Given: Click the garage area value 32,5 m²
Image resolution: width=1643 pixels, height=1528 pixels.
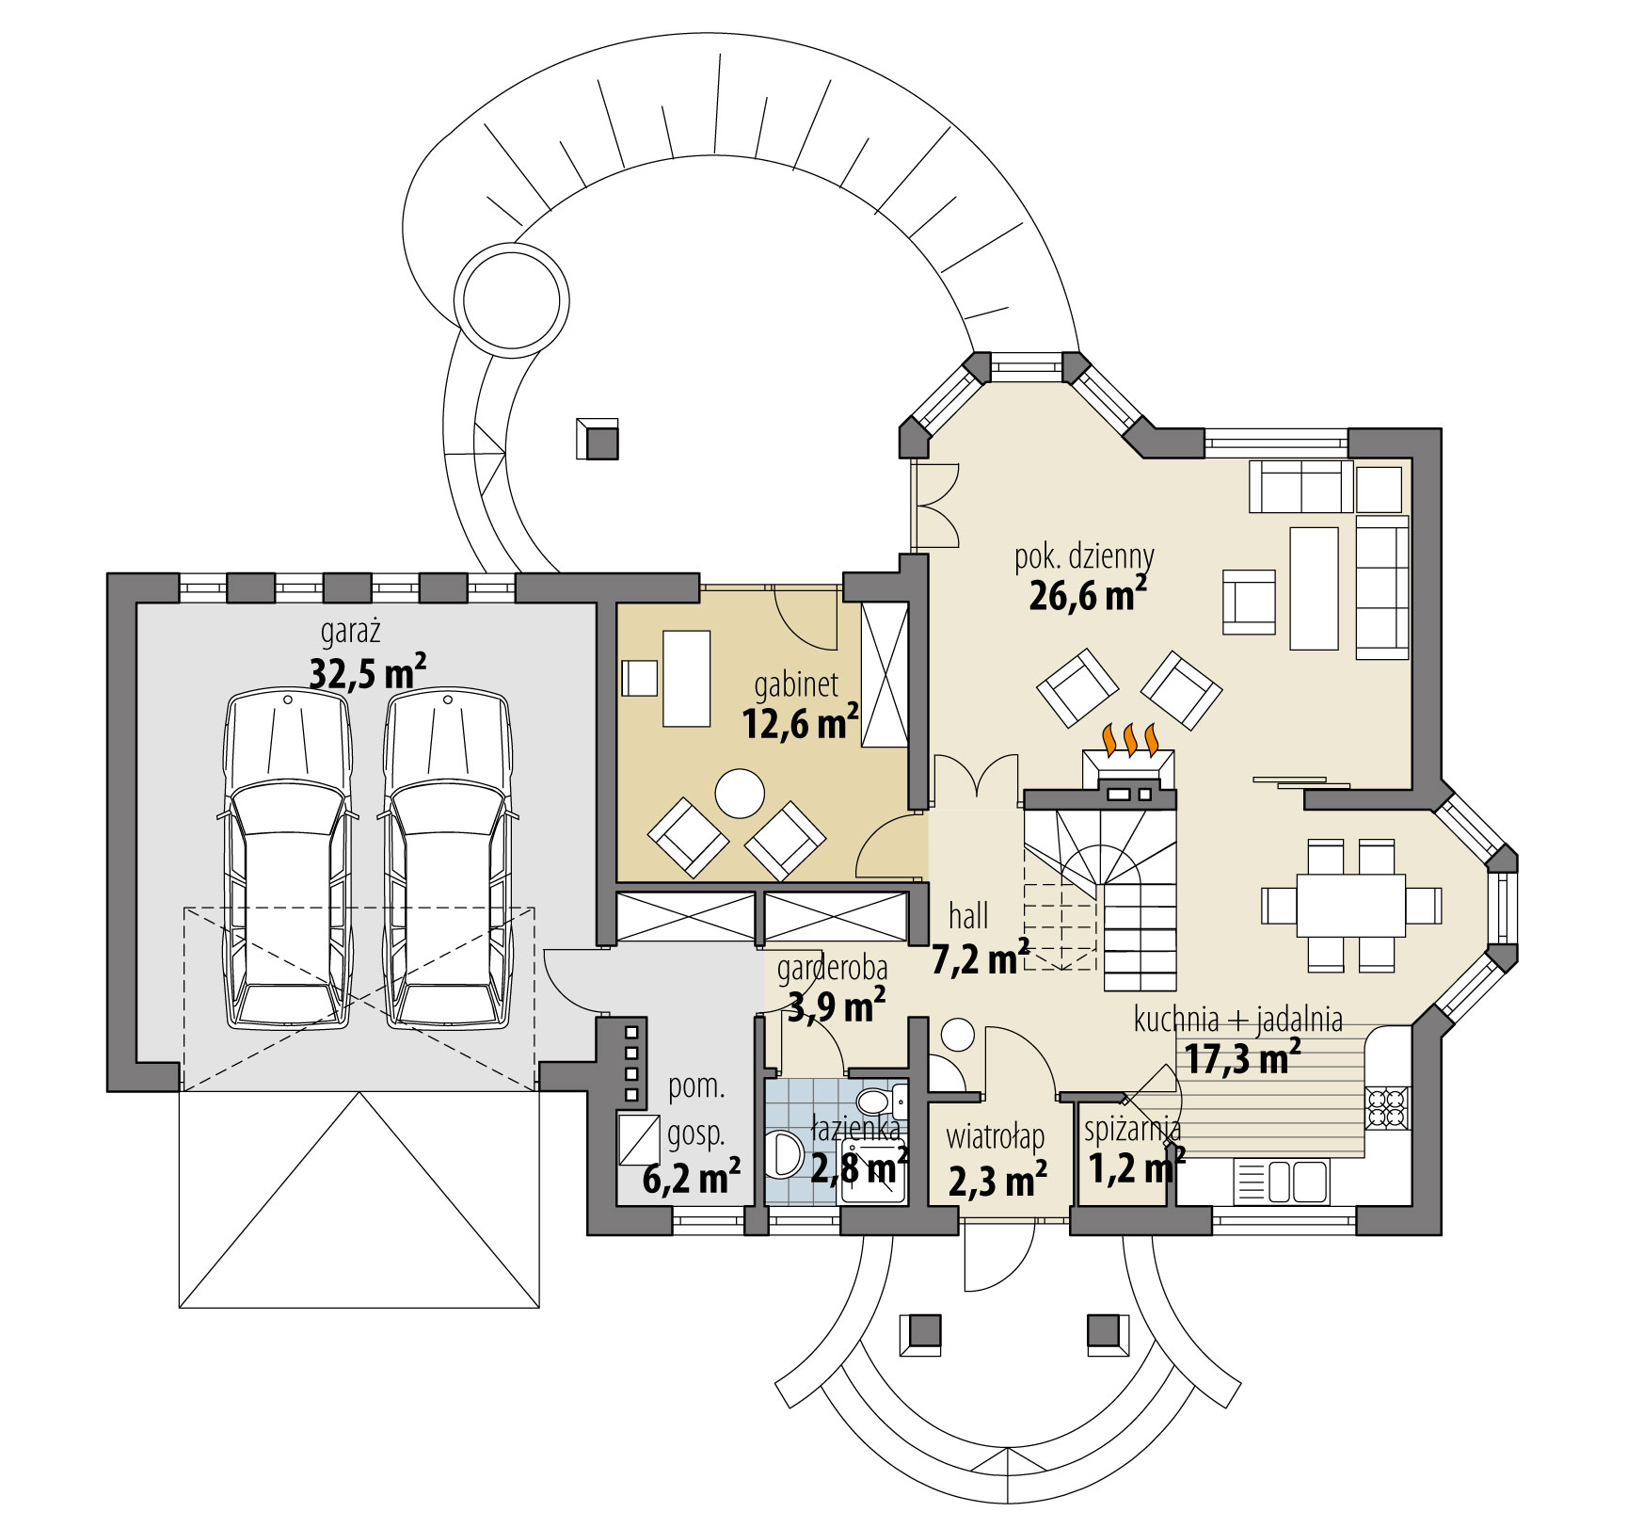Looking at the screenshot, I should pyautogui.click(x=367, y=673).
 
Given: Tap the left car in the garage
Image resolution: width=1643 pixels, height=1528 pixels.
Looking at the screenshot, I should pyautogui.click(x=286, y=861).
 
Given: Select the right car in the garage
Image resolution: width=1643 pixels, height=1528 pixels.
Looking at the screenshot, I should pyautogui.click(x=446, y=861).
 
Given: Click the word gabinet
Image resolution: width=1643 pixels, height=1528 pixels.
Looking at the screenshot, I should pyautogui.click(x=796, y=684).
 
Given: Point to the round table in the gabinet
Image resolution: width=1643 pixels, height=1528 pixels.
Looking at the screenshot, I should pyautogui.click(x=740, y=794).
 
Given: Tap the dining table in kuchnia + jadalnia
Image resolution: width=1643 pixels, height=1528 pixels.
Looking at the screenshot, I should pyautogui.click(x=1350, y=905).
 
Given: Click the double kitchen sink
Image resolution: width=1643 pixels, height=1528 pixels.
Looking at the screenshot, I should pyautogui.click(x=1296, y=1182).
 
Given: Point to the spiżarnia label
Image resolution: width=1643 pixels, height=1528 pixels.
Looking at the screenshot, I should pyautogui.click(x=1132, y=1128).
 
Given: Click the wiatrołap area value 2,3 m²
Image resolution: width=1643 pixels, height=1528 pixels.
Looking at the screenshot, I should pyautogui.click(x=997, y=1180).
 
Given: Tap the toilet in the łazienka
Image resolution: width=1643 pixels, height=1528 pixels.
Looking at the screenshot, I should pyautogui.click(x=874, y=1102).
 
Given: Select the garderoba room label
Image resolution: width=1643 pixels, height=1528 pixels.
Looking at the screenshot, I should pyautogui.click(x=832, y=968).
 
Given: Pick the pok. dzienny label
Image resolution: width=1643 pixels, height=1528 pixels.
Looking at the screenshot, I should pyautogui.click(x=1084, y=556).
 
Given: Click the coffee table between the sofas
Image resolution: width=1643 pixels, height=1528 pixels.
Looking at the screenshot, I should pyautogui.click(x=1314, y=588).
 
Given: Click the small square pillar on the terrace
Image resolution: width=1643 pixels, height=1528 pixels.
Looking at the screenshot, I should pyautogui.click(x=598, y=439).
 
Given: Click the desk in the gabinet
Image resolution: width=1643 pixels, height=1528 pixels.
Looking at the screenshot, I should pyautogui.click(x=686, y=679).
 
